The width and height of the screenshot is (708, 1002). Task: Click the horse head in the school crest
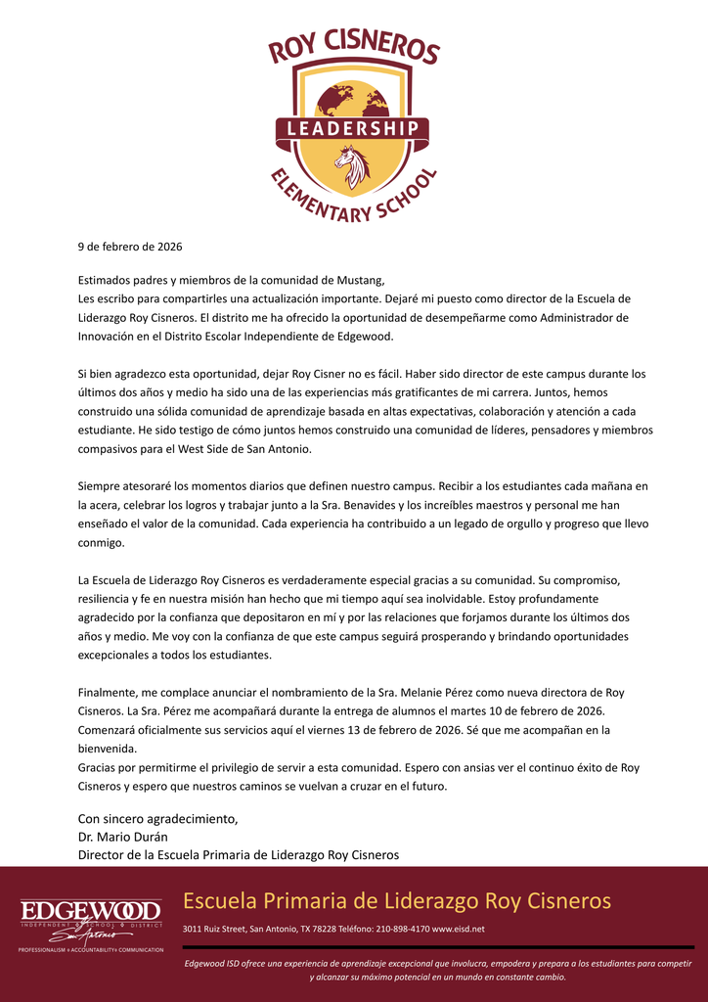[x=353, y=165]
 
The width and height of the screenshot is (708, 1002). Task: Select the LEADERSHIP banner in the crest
[x=353, y=129]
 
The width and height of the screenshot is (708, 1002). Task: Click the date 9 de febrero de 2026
[x=130, y=247]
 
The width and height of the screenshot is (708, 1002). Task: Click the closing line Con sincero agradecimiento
[x=157, y=818]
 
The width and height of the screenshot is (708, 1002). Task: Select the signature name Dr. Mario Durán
[x=122, y=837]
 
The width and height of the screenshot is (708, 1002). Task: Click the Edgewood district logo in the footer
[x=92, y=921]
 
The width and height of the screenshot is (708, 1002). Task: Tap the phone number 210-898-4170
[x=401, y=929]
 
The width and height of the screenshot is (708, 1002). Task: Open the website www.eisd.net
[x=458, y=929]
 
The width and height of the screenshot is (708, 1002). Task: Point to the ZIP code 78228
[x=325, y=929]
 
